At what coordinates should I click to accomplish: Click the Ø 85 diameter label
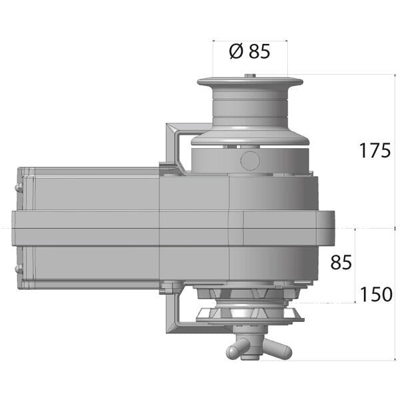[249, 51]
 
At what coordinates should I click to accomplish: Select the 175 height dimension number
[375, 151]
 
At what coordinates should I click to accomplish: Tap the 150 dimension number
[376, 294]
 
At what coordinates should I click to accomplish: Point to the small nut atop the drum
[250, 76]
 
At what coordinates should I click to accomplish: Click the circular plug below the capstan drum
[250, 159]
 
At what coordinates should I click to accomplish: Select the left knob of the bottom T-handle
[231, 351]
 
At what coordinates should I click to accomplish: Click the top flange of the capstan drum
[250, 83]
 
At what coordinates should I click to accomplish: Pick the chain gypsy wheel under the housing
[250, 313]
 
